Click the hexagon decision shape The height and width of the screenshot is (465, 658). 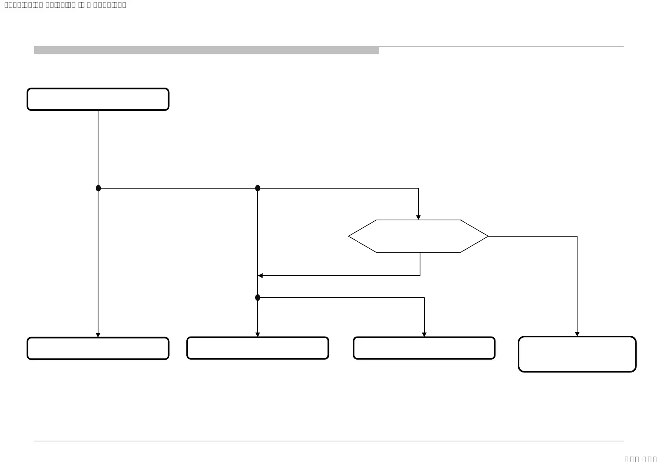(418, 236)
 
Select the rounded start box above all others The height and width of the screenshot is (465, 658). (98, 99)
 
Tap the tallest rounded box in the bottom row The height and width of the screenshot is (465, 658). (577, 354)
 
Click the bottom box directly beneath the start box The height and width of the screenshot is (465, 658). (98, 348)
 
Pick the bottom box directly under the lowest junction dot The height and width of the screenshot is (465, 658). (257, 348)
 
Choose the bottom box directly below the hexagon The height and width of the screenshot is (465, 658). (424, 348)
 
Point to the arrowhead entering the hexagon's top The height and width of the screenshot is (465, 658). (418, 217)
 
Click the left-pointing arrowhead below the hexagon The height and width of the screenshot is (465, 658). (260, 276)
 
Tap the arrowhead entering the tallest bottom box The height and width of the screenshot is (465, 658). (577, 334)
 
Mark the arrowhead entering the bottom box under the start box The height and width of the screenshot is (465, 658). (98, 335)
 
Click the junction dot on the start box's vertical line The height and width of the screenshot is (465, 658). (98, 188)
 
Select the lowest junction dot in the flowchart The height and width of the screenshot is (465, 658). (257, 298)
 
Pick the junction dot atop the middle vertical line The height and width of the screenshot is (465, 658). (257, 188)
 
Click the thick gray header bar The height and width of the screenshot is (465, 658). (206, 50)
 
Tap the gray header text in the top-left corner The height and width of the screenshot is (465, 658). (65, 5)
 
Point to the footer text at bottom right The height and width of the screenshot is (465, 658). (640, 459)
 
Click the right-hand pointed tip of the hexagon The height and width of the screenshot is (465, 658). (488, 236)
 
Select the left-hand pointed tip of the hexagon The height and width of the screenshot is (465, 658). (349, 236)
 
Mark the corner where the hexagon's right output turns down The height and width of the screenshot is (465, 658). (577, 236)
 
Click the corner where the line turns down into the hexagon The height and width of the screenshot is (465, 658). (418, 188)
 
